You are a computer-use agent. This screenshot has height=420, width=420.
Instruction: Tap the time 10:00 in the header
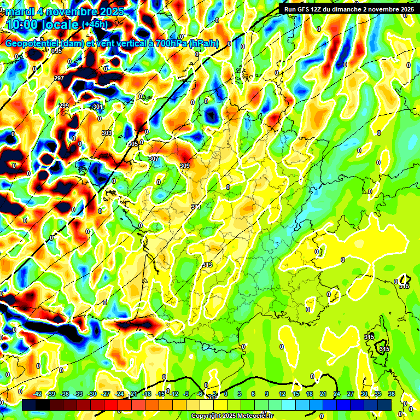pyautogui.click(x=25, y=24)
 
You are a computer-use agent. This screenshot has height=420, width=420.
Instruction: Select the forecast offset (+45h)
pyautogui.click(x=95, y=25)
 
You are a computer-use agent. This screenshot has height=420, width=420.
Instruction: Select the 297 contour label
pyautogui.click(x=59, y=78)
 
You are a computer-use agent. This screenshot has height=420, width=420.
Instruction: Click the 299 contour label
pyautogui.click(x=64, y=106)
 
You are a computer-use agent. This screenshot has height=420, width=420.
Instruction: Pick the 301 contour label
pyautogui.click(x=97, y=107)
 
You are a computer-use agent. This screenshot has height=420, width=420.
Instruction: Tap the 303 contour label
pyautogui.click(x=106, y=133)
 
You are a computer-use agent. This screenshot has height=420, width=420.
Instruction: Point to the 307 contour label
pyautogui.click(x=154, y=159)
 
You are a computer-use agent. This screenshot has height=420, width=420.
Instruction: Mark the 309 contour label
pyautogui.click(x=185, y=166)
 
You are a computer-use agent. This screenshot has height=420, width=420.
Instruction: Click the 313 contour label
pyautogui.click(x=207, y=265)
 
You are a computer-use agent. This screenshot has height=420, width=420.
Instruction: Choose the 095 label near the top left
pyautogui.click(x=57, y=51)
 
